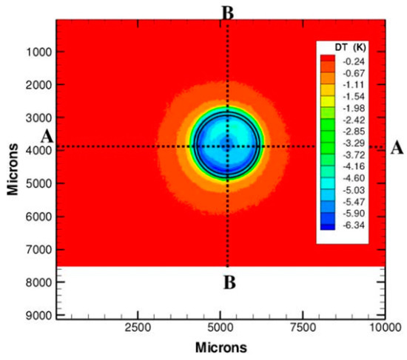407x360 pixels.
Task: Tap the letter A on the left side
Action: coord(47,137)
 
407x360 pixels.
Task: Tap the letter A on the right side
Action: coord(397,148)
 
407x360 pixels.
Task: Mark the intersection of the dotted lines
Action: coord(227,146)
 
